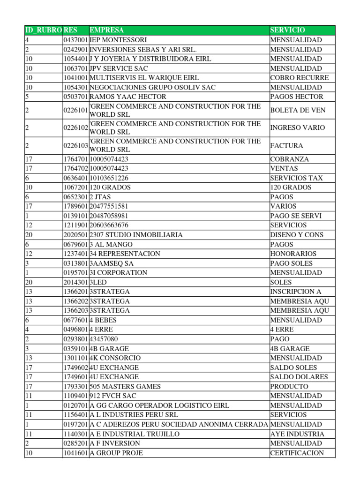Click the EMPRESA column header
point(107,30)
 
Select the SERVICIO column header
point(287,30)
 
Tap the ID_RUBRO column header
point(43,30)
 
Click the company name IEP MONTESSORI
point(118,40)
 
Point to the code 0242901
point(75,49)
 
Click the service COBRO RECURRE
point(299,78)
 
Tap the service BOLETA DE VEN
point(298,110)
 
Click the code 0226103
point(75,146)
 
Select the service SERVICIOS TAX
point(296,178)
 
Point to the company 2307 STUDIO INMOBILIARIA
point(136,234)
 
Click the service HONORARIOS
point(293,254)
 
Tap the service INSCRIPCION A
point(296,292)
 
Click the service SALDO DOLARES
point(299,377)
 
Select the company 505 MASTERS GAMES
point(125,386)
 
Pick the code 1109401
point(75,396)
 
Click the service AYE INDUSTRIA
point(297,434)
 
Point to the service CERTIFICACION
point(297,453)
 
